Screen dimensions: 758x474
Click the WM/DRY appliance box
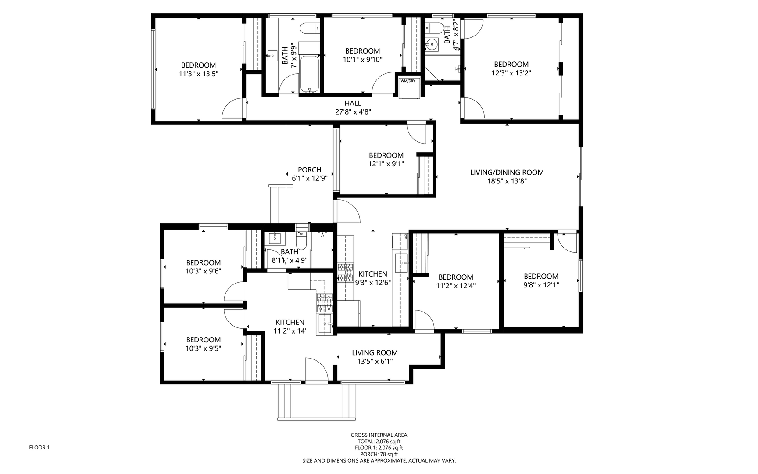(x=408, y=88)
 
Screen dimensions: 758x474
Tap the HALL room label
(x=353, y=103)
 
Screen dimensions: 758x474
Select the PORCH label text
(x=310, y=170)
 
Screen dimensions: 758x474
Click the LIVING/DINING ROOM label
(x=507, y=172)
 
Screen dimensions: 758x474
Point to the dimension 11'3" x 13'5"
(x=199, y=74)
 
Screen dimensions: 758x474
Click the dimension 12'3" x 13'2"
(x=511, y=73)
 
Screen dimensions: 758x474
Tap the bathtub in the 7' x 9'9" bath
(x=310, y=74)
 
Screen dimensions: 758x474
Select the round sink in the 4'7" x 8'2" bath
(x=432, y=44)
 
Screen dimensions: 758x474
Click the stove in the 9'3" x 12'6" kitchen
(x=345, y=273)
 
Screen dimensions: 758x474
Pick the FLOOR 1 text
(x=39, y=448)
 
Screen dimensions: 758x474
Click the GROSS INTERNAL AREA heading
(x=379, y=435)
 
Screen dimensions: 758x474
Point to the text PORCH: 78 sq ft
(x=379, y=454)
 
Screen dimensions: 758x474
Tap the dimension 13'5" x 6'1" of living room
(x=375, y=362)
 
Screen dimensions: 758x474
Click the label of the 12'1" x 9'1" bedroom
(x=386, y=155)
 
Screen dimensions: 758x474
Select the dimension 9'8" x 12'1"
(x=541, y=285)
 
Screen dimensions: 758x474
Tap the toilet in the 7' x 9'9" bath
(x=310, y=29)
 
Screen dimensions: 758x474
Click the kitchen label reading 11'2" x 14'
(x=290, y=331)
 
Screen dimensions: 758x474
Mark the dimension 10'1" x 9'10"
(x=363, y=60)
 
